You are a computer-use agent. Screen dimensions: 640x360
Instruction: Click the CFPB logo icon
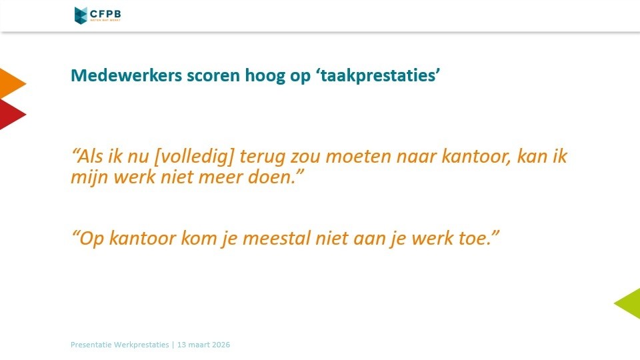[81, 15]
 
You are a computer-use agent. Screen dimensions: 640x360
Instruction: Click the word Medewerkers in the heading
[127, 75]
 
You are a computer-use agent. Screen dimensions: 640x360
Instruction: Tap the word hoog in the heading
[265, 76]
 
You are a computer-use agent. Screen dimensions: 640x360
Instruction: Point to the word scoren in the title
[213, 76]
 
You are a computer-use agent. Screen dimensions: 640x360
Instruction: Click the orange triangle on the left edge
[11, 84]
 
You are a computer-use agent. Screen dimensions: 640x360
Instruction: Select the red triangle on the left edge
[11, 115]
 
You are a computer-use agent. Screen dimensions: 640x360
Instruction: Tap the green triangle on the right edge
[627, 303]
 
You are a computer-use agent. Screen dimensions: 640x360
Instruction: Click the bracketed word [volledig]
[194, 157]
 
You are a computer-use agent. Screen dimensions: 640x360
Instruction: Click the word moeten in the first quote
[359, 157]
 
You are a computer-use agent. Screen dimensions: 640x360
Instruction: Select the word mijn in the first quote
[90, 177]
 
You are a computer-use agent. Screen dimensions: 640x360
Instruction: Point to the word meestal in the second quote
[276, 238]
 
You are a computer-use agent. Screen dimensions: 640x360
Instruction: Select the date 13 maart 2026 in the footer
[204, 345]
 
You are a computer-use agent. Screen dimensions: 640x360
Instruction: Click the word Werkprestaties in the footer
[141, 345]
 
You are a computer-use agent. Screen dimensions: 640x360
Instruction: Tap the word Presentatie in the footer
[91, 345]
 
